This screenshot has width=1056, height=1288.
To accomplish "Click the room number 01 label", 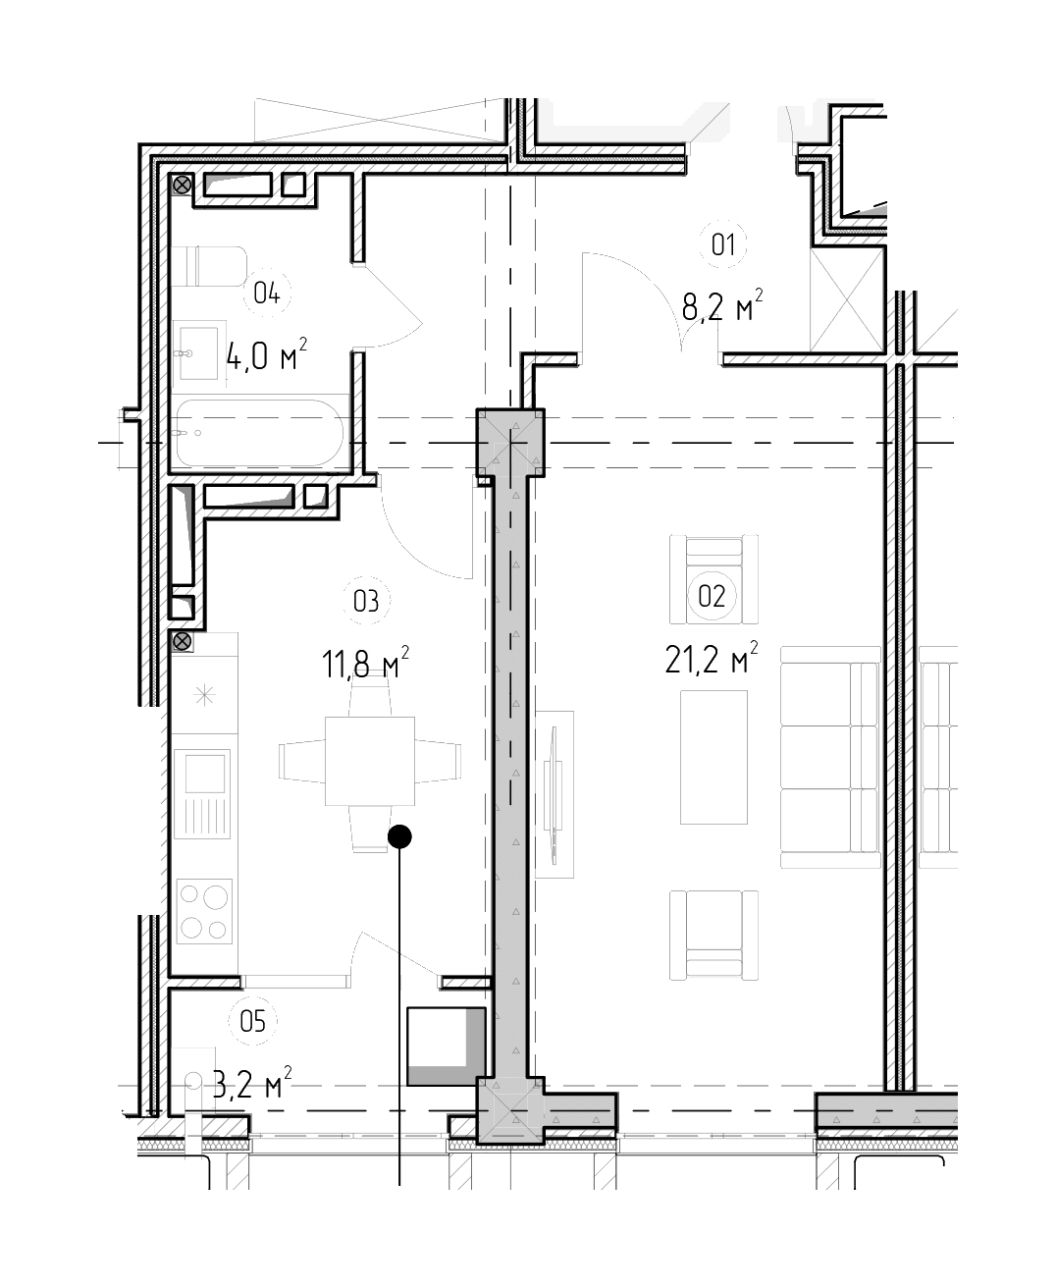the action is coord(722,244).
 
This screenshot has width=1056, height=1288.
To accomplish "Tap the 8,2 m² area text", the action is coord(722,305).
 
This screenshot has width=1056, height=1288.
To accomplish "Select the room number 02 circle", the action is coord(712,596).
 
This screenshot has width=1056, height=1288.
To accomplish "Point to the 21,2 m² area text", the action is coord(712,657).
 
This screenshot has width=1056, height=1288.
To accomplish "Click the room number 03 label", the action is coord(366,601).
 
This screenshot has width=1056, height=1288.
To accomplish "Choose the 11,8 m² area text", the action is coord(365,663).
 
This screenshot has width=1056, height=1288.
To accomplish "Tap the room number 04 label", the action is coord(267,294).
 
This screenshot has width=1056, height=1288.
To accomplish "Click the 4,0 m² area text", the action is coord(266,354).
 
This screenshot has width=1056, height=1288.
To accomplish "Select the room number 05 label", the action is coord(253,1021).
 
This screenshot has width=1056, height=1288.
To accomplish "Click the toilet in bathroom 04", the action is coord(209,266).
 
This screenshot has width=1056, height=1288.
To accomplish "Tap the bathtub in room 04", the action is coord(259,433).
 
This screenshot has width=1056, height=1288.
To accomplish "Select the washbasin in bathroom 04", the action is coord(198,353).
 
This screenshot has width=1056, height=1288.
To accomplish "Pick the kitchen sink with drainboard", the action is coord(202,794).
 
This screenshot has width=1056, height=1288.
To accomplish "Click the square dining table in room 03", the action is coord(370,762).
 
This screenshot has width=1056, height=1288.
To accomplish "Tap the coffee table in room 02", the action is coord(713,757).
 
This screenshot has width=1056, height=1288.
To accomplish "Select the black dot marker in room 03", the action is coord(399,836).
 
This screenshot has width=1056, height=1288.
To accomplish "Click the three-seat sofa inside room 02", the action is coord(830,757).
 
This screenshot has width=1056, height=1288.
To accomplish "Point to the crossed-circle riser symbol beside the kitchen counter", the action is coord(183,641).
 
